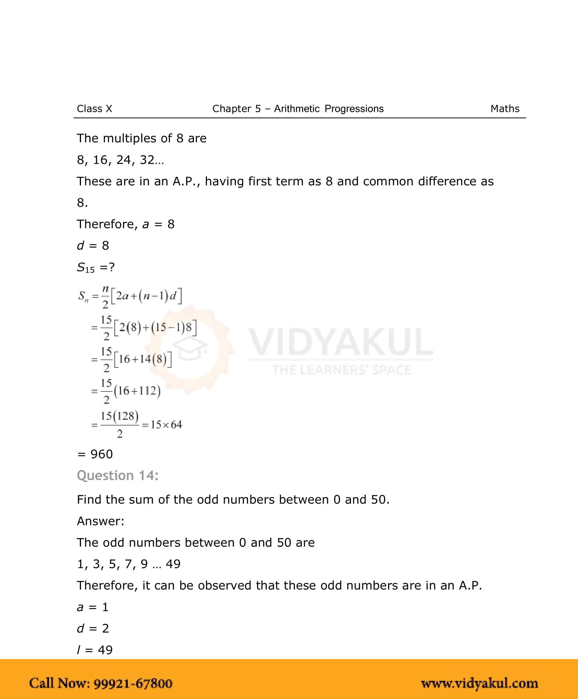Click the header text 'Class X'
coord(94,109)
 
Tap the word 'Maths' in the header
coord(505,109)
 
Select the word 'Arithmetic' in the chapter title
coord(297,109)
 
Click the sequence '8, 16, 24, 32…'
coord(120,160)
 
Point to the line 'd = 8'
coord(93,245)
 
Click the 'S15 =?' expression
coord(96,268)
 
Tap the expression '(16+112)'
coord(137,391)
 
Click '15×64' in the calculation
coord(166,424)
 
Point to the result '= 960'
coord(95,454)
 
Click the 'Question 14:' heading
coord(118,475)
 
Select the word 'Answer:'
coord(101,521)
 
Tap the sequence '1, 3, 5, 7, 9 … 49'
coord(129,564)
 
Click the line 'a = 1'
coord(93,607)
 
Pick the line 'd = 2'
coord(93,628)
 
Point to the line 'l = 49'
coord(95,650)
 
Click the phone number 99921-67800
coord(133,683)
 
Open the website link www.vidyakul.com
coord(479,683)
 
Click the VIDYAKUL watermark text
coord(341,342)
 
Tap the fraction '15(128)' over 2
coord(119,424)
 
